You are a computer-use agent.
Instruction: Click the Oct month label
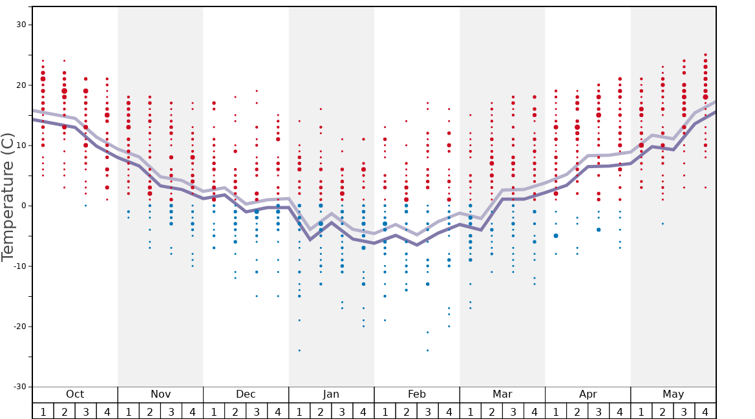click(x=75, y=394)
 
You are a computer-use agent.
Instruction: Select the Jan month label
click(x=331, y=394)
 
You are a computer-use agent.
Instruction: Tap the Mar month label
click(x=502, y=394)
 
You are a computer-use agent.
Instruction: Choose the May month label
click(x=673, y=394)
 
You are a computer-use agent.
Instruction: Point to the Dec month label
click(x=246, y=394)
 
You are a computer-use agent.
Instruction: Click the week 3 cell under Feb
click(x=427, y=411)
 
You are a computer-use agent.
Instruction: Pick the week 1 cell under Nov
click(x=128, y=411)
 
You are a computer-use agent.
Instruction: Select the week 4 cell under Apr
click(x=619, y=411)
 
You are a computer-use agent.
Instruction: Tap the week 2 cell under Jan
click(x=321, y=411)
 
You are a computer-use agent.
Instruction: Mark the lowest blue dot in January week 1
click(x=299, y=350)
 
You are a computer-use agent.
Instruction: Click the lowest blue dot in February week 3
click(x=427, y=350)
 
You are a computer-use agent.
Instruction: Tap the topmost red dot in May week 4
click(x=705, y=55)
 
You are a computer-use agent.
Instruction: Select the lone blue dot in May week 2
click(x=663, y=224)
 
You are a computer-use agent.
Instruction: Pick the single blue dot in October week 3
click(x=85, y=206)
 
